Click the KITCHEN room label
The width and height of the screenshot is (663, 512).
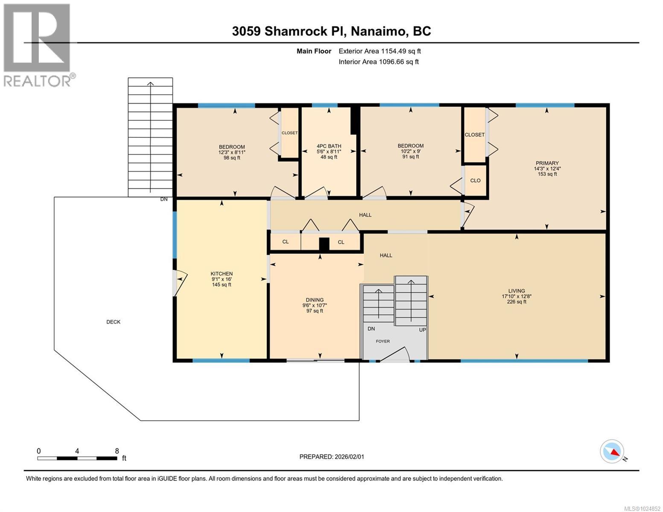point(222,273)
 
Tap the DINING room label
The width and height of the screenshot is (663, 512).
point(315,300)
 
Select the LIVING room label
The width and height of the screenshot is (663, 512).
point(517,291)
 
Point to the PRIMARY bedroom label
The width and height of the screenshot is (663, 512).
point(547,163)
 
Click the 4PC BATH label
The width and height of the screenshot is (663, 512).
point(329,146)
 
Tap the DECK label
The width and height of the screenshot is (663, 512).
point(113,322)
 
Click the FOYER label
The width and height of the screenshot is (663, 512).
point(383,341)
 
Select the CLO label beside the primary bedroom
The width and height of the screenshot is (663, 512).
point(475,180)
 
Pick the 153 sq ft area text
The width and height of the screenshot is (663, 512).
point(547,174)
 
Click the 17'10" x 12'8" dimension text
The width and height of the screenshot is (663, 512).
point(517,296)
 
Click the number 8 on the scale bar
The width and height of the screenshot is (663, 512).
point(117,451)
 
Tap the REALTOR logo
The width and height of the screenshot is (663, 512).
point(38,45)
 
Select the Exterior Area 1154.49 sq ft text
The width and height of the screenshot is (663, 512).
point(380,51)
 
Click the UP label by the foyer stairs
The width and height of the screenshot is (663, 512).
point(422,330)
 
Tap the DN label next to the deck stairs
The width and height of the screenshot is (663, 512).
point(164,199)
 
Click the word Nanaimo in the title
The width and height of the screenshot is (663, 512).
point(378,32)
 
